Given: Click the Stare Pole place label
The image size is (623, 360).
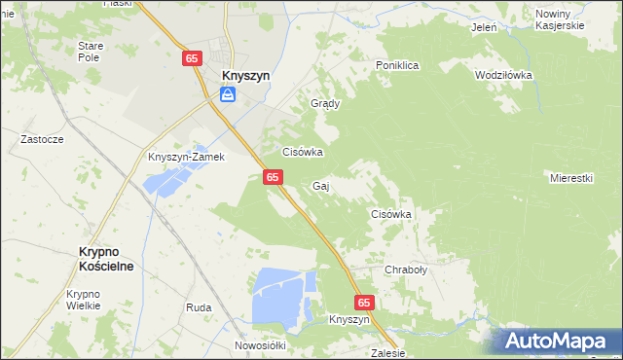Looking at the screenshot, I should pos(90,52).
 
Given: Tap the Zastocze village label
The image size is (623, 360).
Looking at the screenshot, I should pos(42,139).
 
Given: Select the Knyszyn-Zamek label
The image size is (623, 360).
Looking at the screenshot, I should pos(186,157).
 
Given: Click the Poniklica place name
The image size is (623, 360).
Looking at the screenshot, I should pos(397,65).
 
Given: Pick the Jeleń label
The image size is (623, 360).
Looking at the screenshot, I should pos(484,27).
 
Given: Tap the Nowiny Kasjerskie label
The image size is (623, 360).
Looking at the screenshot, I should pos(560,19).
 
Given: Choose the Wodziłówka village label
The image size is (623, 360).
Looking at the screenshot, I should pos(503,75).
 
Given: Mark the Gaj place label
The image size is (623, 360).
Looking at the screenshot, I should pos(320,185).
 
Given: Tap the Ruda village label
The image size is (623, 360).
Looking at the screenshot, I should pos(199,307).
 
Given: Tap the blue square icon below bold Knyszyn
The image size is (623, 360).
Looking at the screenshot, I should pos(227,94).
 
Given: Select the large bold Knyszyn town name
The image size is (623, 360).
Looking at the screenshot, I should pos(246,74).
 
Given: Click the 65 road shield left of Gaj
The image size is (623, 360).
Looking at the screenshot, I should pos(273,176).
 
